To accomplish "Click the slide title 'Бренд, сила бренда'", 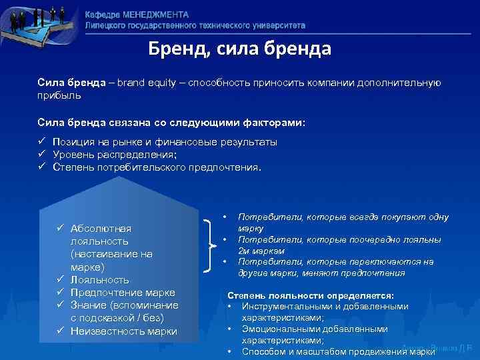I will pyautogui.click(x=239, y=50).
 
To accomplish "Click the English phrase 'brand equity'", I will pyautogui.click(x=151, y=83).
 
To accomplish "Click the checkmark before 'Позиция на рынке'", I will pyautogui.click(x=42, y=142).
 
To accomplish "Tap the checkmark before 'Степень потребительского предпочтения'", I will pyautogui.click(x=42, y=167).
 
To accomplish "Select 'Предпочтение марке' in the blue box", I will pyautogui.click(x=123, y=293).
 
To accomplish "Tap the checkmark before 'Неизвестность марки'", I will pyautogui.click(x=60, y=331).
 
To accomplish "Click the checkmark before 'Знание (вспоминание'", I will pyautogui.click(x=60, y=305).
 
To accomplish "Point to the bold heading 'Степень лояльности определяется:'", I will pyautogui.click(x=311, y=295).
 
